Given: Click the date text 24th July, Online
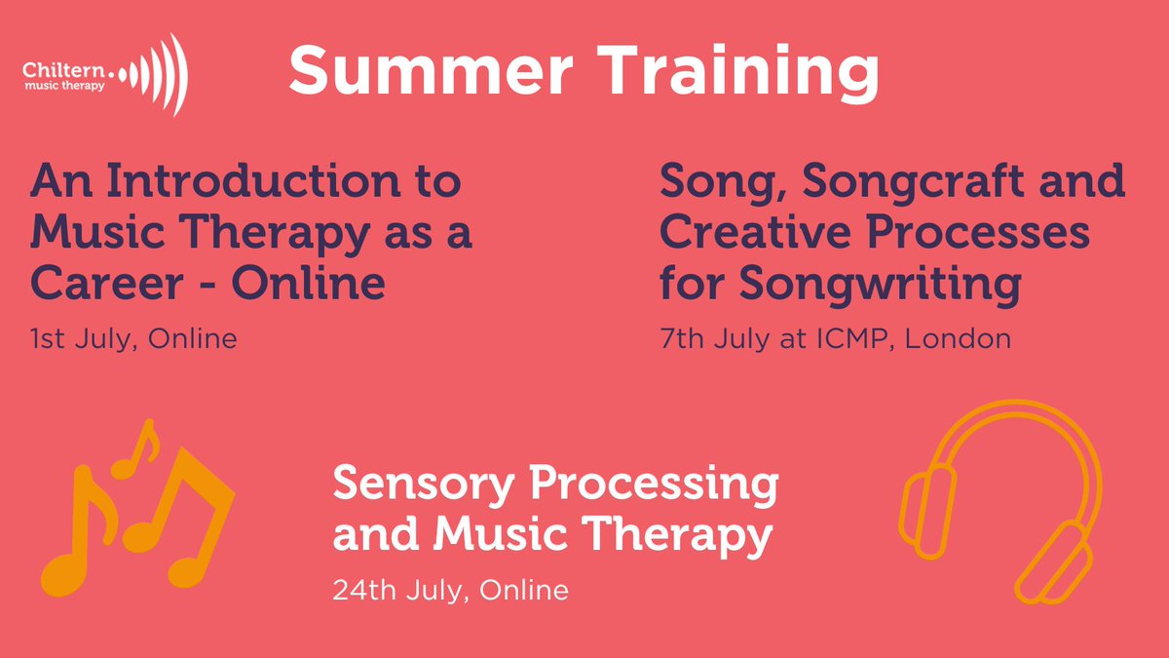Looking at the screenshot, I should tap(450, 589).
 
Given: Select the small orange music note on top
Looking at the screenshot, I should tap(137, 450).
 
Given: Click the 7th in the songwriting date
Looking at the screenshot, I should tap(682, 340).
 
